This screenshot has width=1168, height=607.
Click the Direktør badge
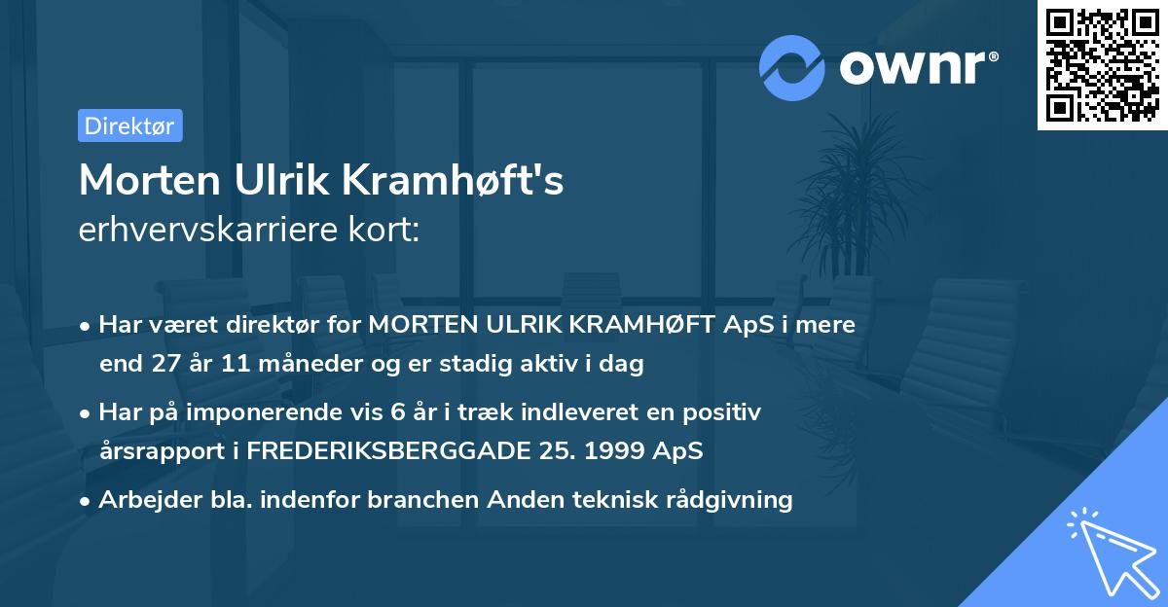pos(129,125)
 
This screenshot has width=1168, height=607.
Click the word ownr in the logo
pos(918,66)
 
